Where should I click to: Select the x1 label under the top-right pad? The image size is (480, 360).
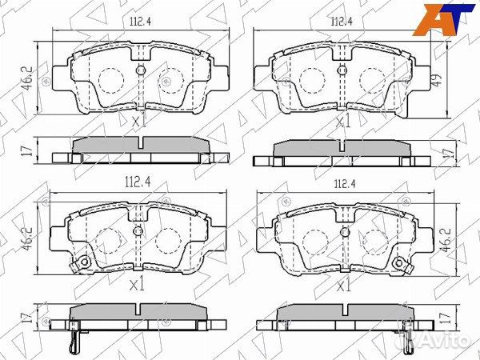click(343, 122)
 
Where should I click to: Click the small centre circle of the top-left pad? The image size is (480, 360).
click(141, 71)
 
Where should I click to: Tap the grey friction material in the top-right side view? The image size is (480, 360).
click(343, 150)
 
